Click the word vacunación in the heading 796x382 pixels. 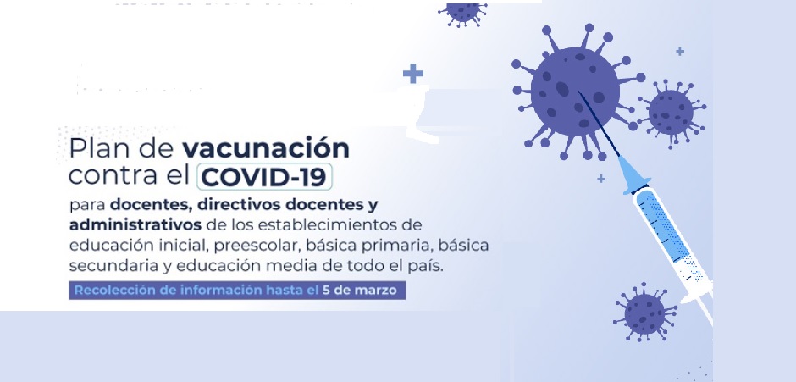(266, 148)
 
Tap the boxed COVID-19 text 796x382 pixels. (264, 176)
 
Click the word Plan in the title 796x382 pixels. (91, 148)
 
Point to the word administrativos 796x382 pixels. (135, 224)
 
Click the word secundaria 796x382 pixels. (101, 266)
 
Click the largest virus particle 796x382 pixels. (575, 91)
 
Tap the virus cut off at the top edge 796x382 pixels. (462, 13)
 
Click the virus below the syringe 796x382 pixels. (644, 313)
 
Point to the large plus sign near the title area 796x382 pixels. (413, 73)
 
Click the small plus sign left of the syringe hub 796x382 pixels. (601, 179)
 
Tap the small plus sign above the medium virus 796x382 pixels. (680, 52)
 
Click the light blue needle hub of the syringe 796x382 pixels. (631, 175)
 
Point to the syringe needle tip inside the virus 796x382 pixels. (579, 93)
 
